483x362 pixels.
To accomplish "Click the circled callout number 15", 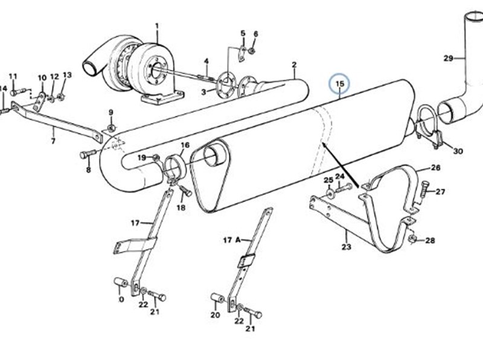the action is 339,84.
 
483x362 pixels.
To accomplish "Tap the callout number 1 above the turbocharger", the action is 157,26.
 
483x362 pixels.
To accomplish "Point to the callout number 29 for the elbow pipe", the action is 448,58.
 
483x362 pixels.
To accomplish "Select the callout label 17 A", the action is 231,240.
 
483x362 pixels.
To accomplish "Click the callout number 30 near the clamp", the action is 458,151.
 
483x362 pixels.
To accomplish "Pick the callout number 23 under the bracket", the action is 346,247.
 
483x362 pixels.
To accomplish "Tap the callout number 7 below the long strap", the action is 53,141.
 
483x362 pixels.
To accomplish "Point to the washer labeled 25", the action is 329,194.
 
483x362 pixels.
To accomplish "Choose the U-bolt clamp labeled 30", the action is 429,126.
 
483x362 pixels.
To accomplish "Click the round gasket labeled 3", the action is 227,84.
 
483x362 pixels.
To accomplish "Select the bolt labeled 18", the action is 186,191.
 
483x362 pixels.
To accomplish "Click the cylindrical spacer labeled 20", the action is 217,297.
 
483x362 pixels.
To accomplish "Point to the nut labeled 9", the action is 112,127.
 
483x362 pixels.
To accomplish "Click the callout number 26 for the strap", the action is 436,168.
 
